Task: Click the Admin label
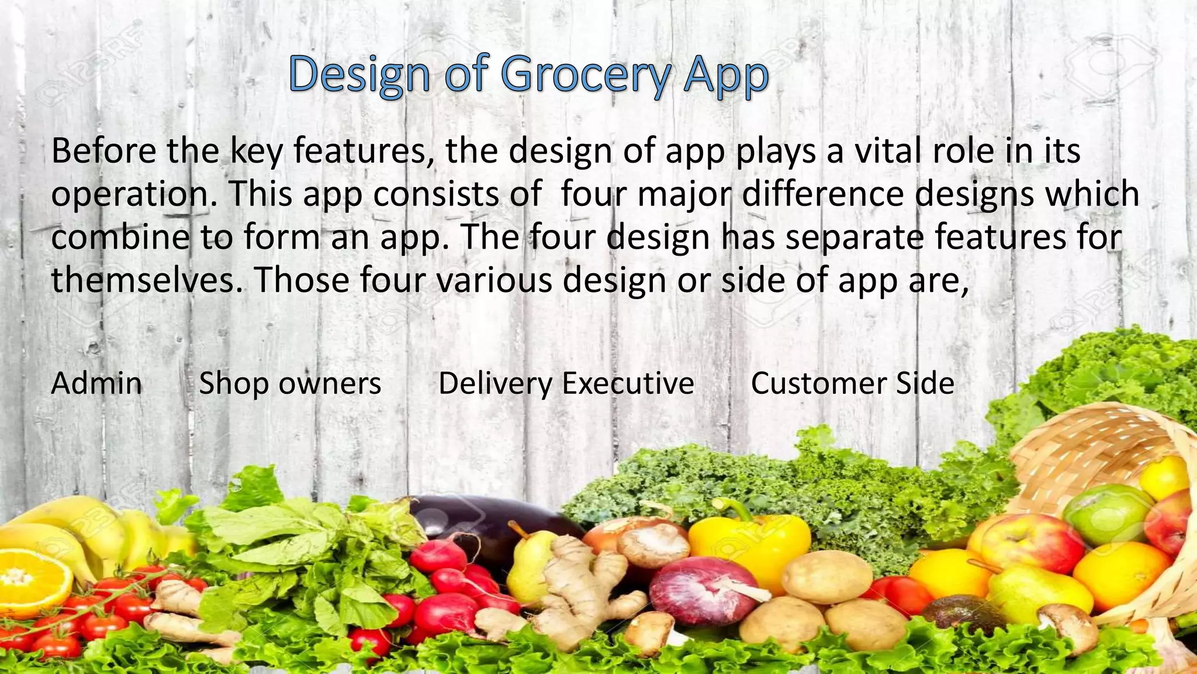click(x=96, y=384)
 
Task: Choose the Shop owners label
click(x=290, y=384)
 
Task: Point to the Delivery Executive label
click(x=566, y=384)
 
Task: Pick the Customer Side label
click(x=852, y=384)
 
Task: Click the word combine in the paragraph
click(x=120, y=237)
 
